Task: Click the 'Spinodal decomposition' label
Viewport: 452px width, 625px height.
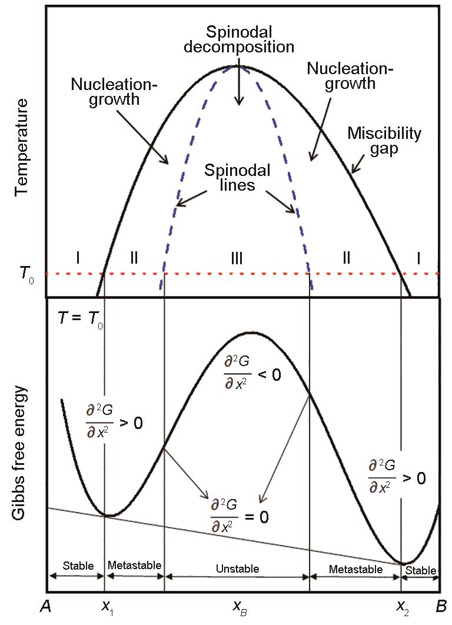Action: [x=239, y=39]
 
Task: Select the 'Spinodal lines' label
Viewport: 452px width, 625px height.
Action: [x=238, y=177]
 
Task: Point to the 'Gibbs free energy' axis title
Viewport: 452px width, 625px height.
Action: [x=20, y=453]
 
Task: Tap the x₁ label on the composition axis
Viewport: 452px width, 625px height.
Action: [x=108, y=607]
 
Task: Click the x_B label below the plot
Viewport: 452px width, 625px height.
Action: [x=240, y=607]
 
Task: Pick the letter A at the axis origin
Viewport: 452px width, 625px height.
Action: [x=46, y=607]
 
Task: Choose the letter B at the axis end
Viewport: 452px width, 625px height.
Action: [x=441, y=607]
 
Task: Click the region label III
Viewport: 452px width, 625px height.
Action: [x=237, y=258]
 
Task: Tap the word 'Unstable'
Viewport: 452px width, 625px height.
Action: [x=238, y=569]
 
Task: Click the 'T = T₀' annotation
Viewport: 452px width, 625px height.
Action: [x=80, y=319]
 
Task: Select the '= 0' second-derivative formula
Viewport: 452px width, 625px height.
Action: [x=240, y=516]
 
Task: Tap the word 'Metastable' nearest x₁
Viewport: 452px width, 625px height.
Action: [x=134, y=565]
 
